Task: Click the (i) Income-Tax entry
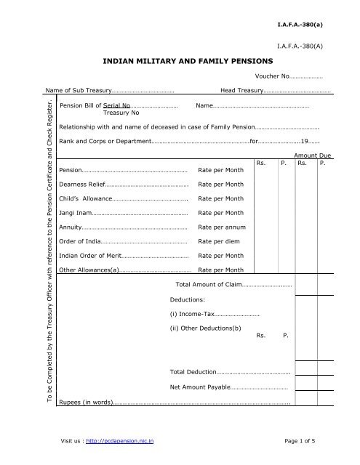pos(193,314)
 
